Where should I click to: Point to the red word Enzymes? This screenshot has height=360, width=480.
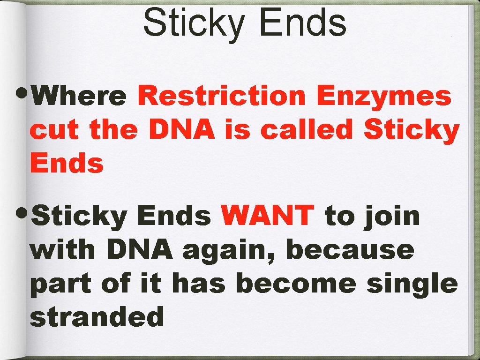coord(384,97)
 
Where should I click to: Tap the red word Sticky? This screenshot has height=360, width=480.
coord(411,130)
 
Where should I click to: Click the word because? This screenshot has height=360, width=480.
coord(350,250)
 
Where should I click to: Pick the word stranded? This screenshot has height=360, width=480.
coord(97,317)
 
